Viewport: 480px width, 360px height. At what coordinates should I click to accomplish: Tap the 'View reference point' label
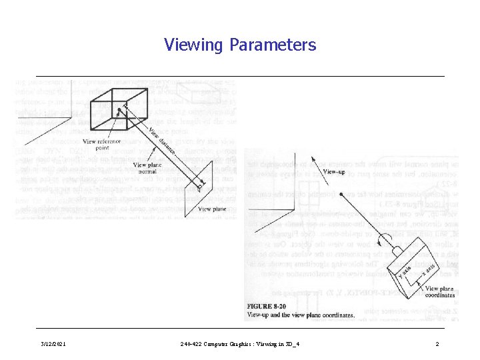coord(101,145)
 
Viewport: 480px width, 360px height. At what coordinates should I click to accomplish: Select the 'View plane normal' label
coord(149,168)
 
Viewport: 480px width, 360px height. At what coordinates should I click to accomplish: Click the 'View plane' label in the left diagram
coord(213,209)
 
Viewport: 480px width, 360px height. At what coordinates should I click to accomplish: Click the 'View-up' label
coord(334,171)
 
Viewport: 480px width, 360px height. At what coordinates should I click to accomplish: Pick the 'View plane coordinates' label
coord(439,293)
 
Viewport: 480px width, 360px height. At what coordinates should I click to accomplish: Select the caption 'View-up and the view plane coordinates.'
coord(300,315)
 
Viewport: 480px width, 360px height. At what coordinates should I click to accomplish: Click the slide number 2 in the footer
coord(437,344)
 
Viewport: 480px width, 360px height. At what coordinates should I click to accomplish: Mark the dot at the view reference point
coord(118,111)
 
